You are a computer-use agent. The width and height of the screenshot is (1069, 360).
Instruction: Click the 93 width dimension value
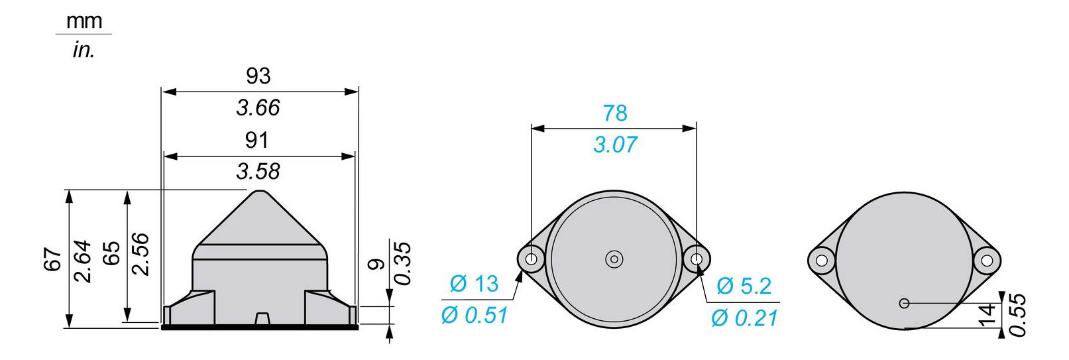coord(258,76)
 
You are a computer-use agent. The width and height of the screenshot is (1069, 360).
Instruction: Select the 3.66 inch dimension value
coord(258,107)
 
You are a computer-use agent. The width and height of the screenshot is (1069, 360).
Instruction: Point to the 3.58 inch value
coord(258,172)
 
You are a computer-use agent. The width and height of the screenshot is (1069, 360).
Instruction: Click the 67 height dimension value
coord(53,259)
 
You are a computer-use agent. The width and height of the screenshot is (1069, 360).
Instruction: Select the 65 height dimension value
coord(111,253)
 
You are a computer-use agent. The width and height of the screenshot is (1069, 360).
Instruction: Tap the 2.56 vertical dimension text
coord(141,254)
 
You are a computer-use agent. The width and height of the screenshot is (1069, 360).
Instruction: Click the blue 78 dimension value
coord(614,113)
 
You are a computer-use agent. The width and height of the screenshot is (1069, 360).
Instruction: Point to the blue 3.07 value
coord(614,145)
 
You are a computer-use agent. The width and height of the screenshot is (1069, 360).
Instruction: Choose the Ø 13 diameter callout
coord(473,284)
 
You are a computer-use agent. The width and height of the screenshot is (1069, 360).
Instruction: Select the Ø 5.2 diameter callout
coord(744,286)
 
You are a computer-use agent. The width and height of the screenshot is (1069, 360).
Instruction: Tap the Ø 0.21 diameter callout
coord(744,318)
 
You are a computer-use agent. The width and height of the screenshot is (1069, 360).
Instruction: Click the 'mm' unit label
coord(84,21)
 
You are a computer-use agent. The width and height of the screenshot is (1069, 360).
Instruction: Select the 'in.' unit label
coord(84,50)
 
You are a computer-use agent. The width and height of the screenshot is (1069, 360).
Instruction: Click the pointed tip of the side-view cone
coord(259,192)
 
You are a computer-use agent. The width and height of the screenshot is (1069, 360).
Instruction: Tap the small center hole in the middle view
coord(614,259)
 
